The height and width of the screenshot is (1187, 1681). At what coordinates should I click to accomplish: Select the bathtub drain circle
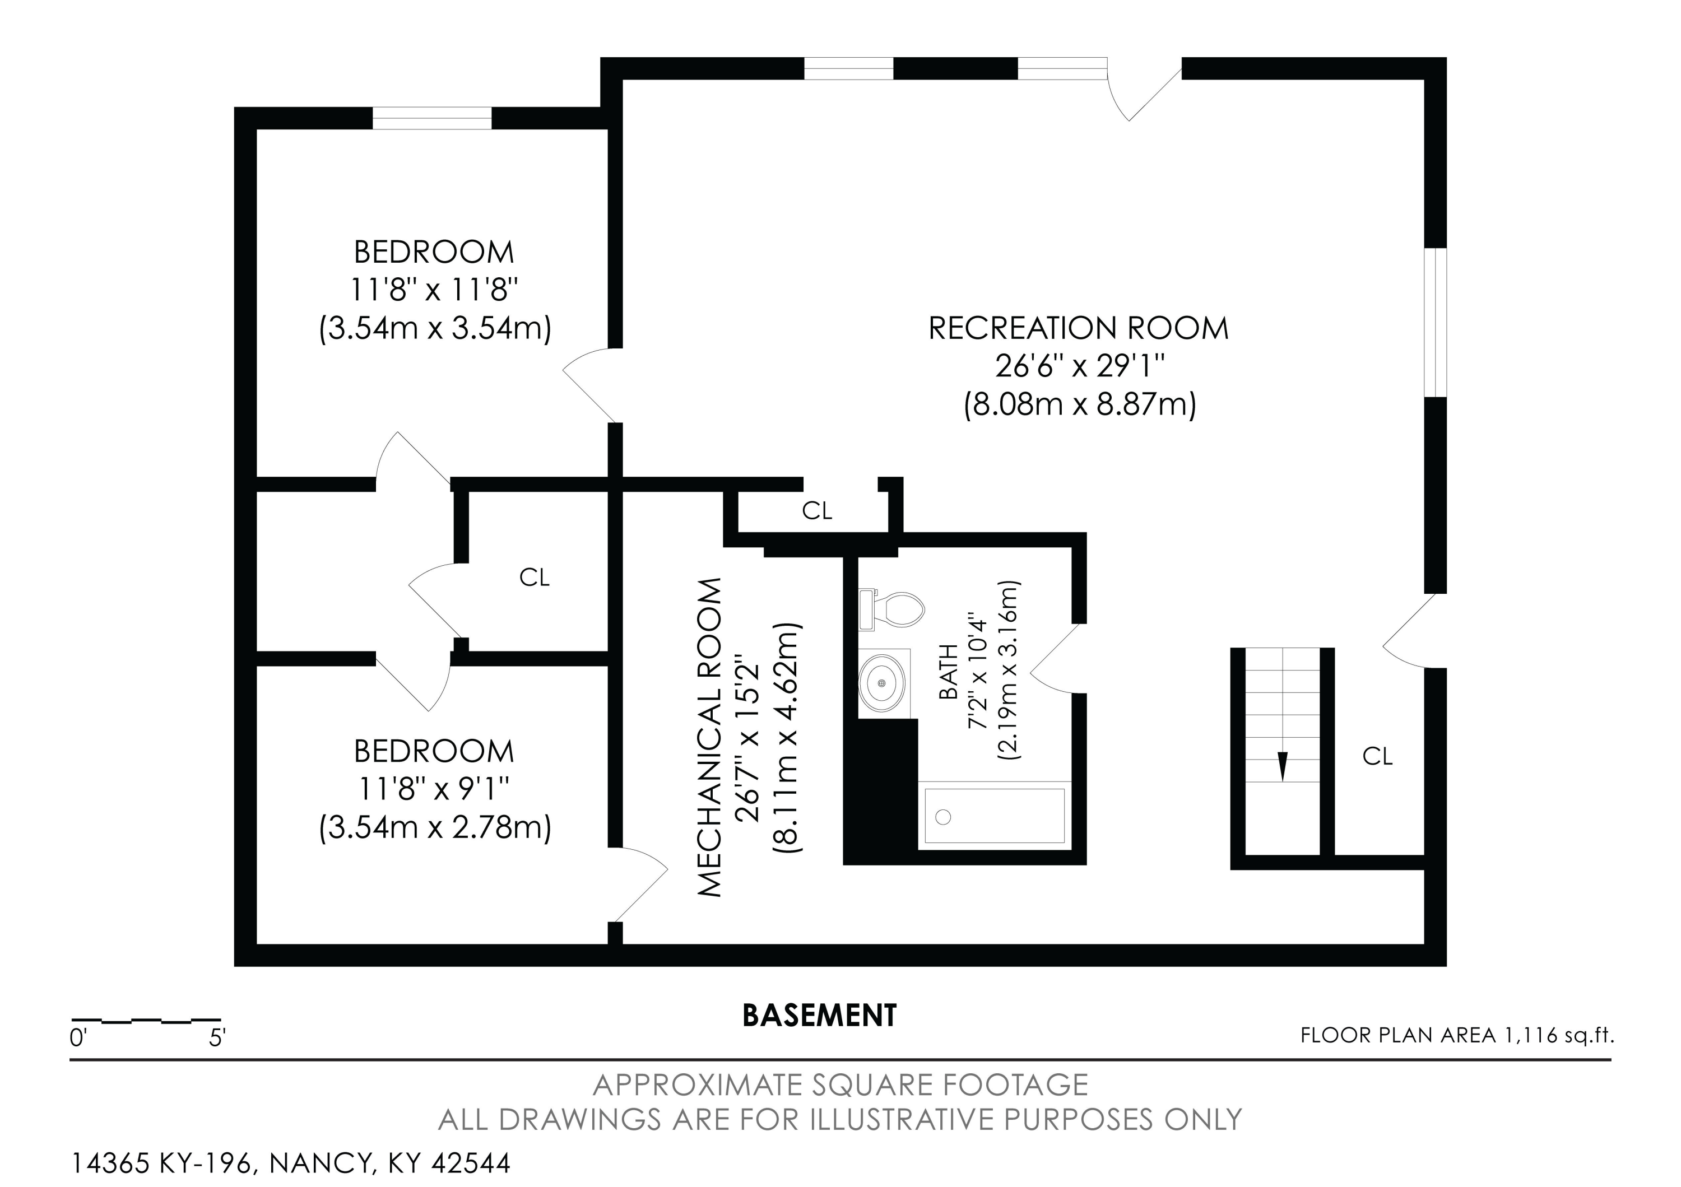pyautogui.click(x=943, y=817)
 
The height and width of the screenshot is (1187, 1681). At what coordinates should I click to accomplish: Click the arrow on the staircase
pyautogui.click(x=1282, y=766)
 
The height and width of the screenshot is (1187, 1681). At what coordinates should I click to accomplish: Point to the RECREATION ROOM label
pyautogui.click(x=1079, y=328)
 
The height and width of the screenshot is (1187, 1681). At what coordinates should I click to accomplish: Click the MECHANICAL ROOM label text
pyautogui.click(x=709, y=737)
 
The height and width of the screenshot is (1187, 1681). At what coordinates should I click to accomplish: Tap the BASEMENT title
pyautogui.click(x=819, y=1016)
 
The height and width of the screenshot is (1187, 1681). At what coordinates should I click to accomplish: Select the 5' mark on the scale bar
pyautogui.click(x=217, y=1037)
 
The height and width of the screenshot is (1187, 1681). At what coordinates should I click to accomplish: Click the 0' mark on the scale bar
pyautogui.click(x=78, y=1037)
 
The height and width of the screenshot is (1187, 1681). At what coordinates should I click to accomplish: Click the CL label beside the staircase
pyautogui.click(x=1377, y=756)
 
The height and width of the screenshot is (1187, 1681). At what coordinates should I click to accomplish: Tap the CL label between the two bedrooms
pyautogui.click(x=534, y=578)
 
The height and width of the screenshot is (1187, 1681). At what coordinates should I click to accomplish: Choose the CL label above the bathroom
pyautogui.click(x=817, y=511)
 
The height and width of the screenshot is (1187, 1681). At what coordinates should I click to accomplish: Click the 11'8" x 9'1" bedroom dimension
pyautogui.click(x=434, y=789)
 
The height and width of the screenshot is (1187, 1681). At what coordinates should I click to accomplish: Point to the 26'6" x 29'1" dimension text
pyautogui.click(x=1079, y=366)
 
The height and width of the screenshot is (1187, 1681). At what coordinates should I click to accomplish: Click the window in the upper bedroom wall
pyautogui.click(x=432, y=118)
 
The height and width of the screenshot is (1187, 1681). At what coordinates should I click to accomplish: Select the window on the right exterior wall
pyautogui.click(x=1435, y=323)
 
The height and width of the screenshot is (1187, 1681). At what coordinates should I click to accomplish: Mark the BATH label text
pyautogui.click(x=948, y=672)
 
